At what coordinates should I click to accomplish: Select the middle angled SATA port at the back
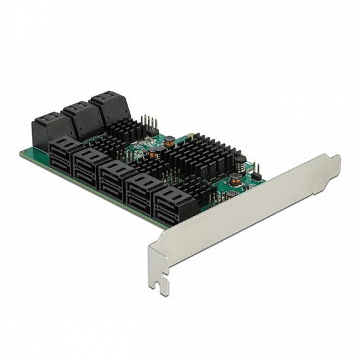click(x=79, y=115)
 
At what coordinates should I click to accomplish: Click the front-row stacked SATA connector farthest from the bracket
click(x=64, y=154)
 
